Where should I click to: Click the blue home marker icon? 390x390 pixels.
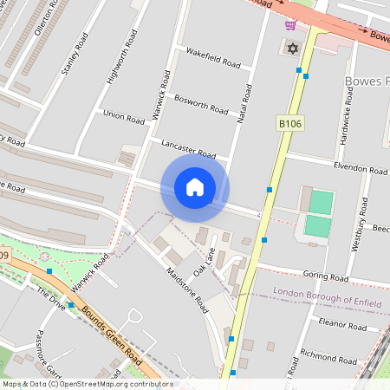tap(195, 187)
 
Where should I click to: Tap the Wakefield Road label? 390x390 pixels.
tap(213, 57)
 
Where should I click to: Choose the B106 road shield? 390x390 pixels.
tap(290, 125)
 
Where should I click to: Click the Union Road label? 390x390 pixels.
tap(124, 115)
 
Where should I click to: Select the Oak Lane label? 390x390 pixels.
tap(205, 263)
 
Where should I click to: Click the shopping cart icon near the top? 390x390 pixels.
tap(290, 24)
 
